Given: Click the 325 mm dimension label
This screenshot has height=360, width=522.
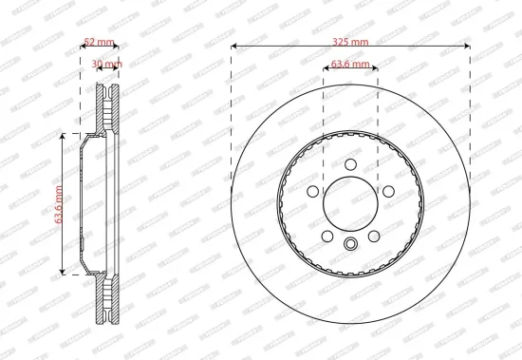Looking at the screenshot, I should pyautogui.click(x=351, y=42).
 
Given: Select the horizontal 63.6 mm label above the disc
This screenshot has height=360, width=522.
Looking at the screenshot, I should pyautogui.click(x=350, y=66).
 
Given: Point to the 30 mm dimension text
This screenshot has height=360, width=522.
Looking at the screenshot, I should pyautogui.click(x=107, y=65).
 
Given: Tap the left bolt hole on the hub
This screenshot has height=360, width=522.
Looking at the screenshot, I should pyautogui.click(x=312, y=194).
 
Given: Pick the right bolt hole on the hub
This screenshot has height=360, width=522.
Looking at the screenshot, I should pyautogui.click(x=388, y=194).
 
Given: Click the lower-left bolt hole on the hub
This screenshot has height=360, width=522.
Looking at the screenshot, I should pyautogui.click(x=326, y=236).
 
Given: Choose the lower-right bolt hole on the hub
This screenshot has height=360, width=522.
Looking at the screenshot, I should pyautogui.click(x=375, y=236).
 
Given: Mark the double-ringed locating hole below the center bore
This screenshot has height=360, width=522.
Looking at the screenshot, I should pyautogui.click(x=350, y=246).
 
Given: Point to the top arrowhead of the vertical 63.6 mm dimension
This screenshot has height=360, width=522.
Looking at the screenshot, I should pyautogui.click(x=64, y=137).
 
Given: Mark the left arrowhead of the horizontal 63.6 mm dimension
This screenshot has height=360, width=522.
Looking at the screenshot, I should pyautogui.click(x=326, y=68).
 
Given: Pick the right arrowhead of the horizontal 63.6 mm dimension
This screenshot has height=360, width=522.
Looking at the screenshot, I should pyautogui.click(x=376, y=68).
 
